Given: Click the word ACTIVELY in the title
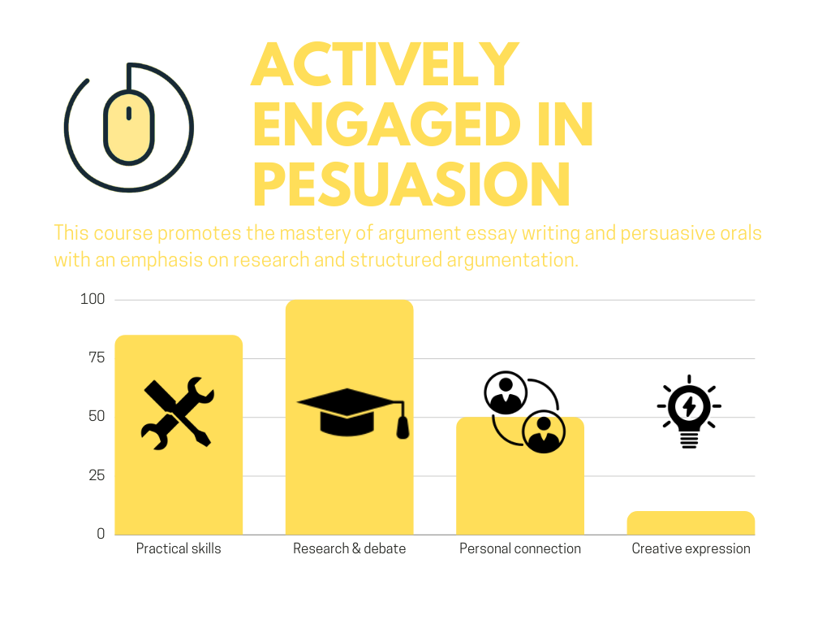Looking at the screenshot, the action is [385, 64].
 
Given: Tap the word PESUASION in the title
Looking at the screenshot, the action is [411, 184].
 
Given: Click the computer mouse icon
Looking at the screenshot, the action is [129, 127].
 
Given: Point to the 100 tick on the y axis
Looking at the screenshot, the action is [93, 299].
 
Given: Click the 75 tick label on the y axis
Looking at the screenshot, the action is [97, 357].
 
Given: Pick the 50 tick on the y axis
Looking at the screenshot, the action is [97, 416].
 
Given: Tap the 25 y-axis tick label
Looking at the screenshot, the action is [97, 474].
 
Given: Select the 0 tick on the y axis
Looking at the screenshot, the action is [101, 533].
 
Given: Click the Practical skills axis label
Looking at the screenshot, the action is [179, 548].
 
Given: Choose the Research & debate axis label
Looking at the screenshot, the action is [349, 548].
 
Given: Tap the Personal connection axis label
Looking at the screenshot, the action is [520, 548].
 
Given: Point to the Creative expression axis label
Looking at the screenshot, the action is [691, 548].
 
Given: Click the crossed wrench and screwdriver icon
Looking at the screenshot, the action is [178, 414].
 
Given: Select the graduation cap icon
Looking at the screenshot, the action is [353, 413].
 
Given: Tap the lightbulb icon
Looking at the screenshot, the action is [689, 411].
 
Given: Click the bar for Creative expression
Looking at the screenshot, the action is [691, 522].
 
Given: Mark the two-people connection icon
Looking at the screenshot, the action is [525, 412].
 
